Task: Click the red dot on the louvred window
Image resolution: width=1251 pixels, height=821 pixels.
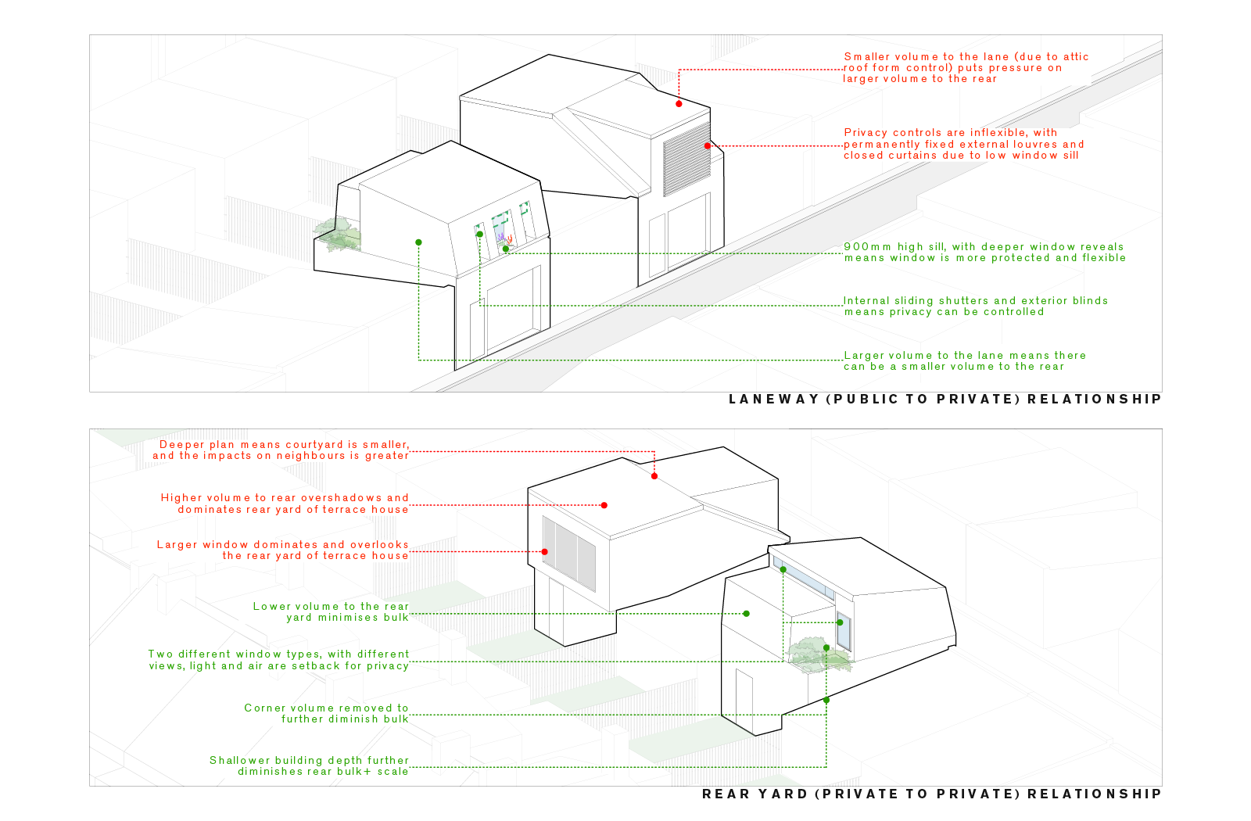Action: (x=707, y=146)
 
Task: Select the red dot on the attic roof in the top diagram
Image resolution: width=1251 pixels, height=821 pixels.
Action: (x=679, y=103)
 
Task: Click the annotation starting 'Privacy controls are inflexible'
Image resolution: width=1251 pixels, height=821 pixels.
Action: (x=963, y=145)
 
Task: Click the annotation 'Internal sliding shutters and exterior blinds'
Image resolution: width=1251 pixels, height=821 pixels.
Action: (x=975, y=307)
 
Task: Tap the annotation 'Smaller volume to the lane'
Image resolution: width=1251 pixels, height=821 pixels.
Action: (x=966, y=68)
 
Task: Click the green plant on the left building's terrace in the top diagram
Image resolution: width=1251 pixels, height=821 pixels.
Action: (x=339, y=235)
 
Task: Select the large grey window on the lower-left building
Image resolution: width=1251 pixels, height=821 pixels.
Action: (x=569, y=554)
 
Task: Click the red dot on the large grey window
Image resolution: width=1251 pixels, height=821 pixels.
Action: (x=545, y=551)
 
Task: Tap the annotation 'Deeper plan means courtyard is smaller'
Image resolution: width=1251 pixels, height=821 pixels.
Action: (x=281, y=450)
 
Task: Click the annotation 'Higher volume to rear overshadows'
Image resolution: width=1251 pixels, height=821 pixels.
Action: (x=285, y=504)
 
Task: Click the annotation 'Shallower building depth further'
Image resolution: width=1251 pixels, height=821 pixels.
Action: (x=310, y=766)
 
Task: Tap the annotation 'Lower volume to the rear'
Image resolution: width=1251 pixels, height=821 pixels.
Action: (x=332, y=612)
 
